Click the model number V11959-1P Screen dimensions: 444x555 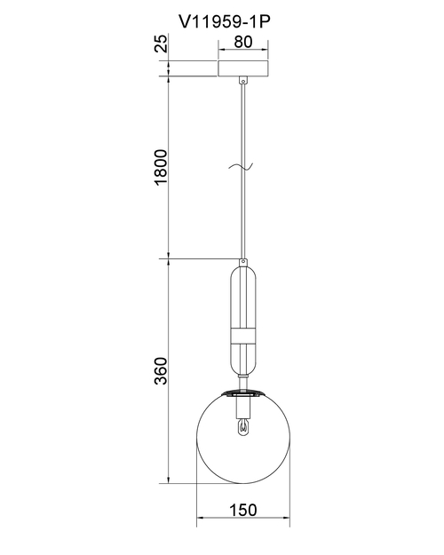225,22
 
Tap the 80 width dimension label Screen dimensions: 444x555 243,42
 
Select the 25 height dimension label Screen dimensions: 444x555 161,44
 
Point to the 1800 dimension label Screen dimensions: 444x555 161,167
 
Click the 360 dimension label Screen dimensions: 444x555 161,370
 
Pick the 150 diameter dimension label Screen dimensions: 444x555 243,510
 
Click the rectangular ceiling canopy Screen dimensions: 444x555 243,68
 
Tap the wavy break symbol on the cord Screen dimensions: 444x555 241,166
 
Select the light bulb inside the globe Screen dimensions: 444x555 243,426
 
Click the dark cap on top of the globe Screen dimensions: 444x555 243,392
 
